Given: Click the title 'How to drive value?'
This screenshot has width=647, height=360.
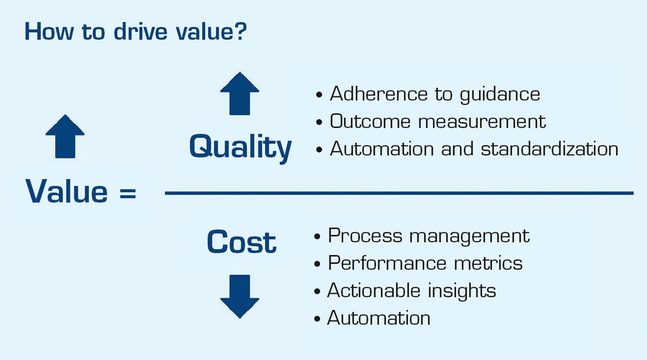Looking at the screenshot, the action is pos(136,31).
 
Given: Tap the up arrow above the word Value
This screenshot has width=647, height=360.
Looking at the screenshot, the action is pos(65,136).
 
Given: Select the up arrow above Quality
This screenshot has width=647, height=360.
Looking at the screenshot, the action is pos(239,94).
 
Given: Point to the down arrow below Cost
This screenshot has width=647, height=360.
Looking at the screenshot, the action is pos(239,296).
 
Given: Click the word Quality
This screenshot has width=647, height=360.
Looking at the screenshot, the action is pos(240,148).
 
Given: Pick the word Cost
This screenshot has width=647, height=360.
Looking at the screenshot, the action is pos(242,242).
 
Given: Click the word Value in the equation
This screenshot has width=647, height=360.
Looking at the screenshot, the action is pos(66,191).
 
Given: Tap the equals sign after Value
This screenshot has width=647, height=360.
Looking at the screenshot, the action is pos(128,193).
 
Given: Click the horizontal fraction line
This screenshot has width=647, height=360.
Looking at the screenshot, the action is pos(399,193).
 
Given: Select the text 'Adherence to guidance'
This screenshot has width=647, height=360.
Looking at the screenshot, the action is pos(435,94).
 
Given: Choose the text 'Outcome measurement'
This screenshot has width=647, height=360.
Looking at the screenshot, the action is pos(438,121).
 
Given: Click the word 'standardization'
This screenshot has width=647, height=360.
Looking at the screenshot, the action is pos(549,149).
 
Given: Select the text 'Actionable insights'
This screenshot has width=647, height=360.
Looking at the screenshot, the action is pos(411,291).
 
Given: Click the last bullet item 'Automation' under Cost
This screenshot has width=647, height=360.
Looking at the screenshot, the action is pos(378,318).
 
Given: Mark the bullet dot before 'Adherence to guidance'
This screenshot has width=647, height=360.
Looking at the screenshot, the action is pos(319,95).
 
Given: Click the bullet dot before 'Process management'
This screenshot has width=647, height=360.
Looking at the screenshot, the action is pos(317,237).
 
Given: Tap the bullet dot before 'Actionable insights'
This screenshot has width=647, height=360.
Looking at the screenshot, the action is pos(317,292).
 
